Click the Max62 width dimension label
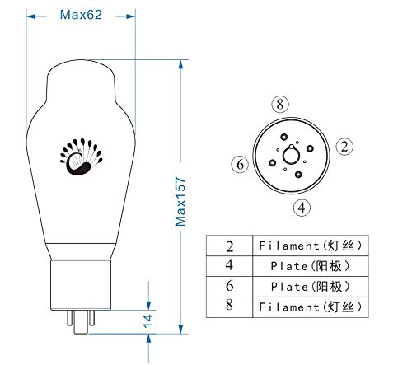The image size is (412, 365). click(x=81, y=15)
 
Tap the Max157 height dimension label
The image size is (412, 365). click(x=180, y=202)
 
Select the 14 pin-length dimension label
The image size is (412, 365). click(x=148, y=321)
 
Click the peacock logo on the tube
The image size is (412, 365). click(x=81, y=157)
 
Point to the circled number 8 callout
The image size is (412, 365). click(x=280, y=104)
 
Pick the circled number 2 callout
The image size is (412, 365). click(x=344, y=147)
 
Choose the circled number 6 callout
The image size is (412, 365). click(x=240, y=165)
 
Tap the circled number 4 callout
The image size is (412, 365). click(x=302, y=208)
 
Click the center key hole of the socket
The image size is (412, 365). click(x=291, y=155)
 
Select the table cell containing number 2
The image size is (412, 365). click(x=229, y=246)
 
